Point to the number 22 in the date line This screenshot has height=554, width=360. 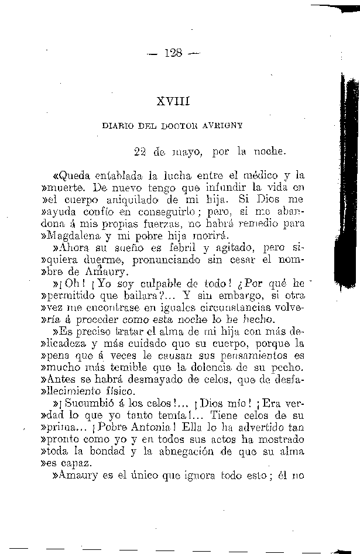click(139, 152)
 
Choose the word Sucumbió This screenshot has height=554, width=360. click(91, 404)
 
